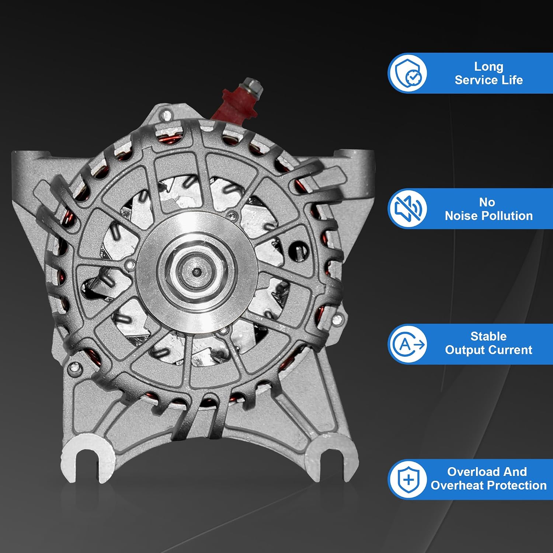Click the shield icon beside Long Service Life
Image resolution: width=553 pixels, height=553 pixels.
coord(407,73)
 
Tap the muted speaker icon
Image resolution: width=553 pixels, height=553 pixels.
coord(407,208)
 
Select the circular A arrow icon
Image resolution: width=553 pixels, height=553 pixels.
coord(407,344)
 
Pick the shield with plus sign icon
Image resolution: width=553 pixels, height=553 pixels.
coord(408,480)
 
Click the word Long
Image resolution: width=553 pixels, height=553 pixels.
coord(488,67)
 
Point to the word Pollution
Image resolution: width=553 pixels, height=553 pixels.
coord(511,216)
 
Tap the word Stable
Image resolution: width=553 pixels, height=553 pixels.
coord(488,336)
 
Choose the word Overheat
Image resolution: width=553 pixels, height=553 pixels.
coord(458,486)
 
